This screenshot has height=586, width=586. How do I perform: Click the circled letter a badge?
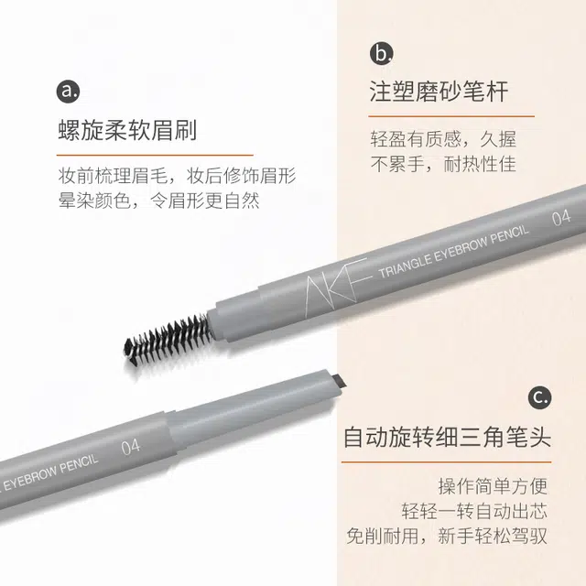coord(68,92)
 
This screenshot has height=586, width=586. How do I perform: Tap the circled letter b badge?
coord(382,53)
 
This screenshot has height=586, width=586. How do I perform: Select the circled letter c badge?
coord(540,397)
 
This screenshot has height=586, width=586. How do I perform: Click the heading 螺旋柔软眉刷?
coord(127,130)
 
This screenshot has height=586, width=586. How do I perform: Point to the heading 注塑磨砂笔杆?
coord(439,92)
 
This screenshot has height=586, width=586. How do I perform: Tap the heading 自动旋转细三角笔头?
coord(448,437)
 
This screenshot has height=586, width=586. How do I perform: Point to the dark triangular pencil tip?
coord(339,382)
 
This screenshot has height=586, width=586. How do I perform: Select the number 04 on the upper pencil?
coord(561,218)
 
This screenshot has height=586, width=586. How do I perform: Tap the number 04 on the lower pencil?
coord(130,447)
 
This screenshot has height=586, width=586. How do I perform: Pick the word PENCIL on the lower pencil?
coord(79,465)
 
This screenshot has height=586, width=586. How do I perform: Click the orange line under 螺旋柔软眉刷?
coord(155,155)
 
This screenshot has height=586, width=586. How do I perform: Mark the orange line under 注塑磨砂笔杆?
coord(451,116)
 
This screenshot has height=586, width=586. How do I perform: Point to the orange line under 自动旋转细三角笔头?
coord(446,461)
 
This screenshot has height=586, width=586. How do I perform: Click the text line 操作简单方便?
coord(493,486)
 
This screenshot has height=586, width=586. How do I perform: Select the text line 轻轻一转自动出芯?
coord(474,511)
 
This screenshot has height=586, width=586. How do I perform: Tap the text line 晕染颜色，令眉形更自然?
coord(158,201)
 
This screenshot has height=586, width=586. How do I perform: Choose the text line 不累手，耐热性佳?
coord(443,164)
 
